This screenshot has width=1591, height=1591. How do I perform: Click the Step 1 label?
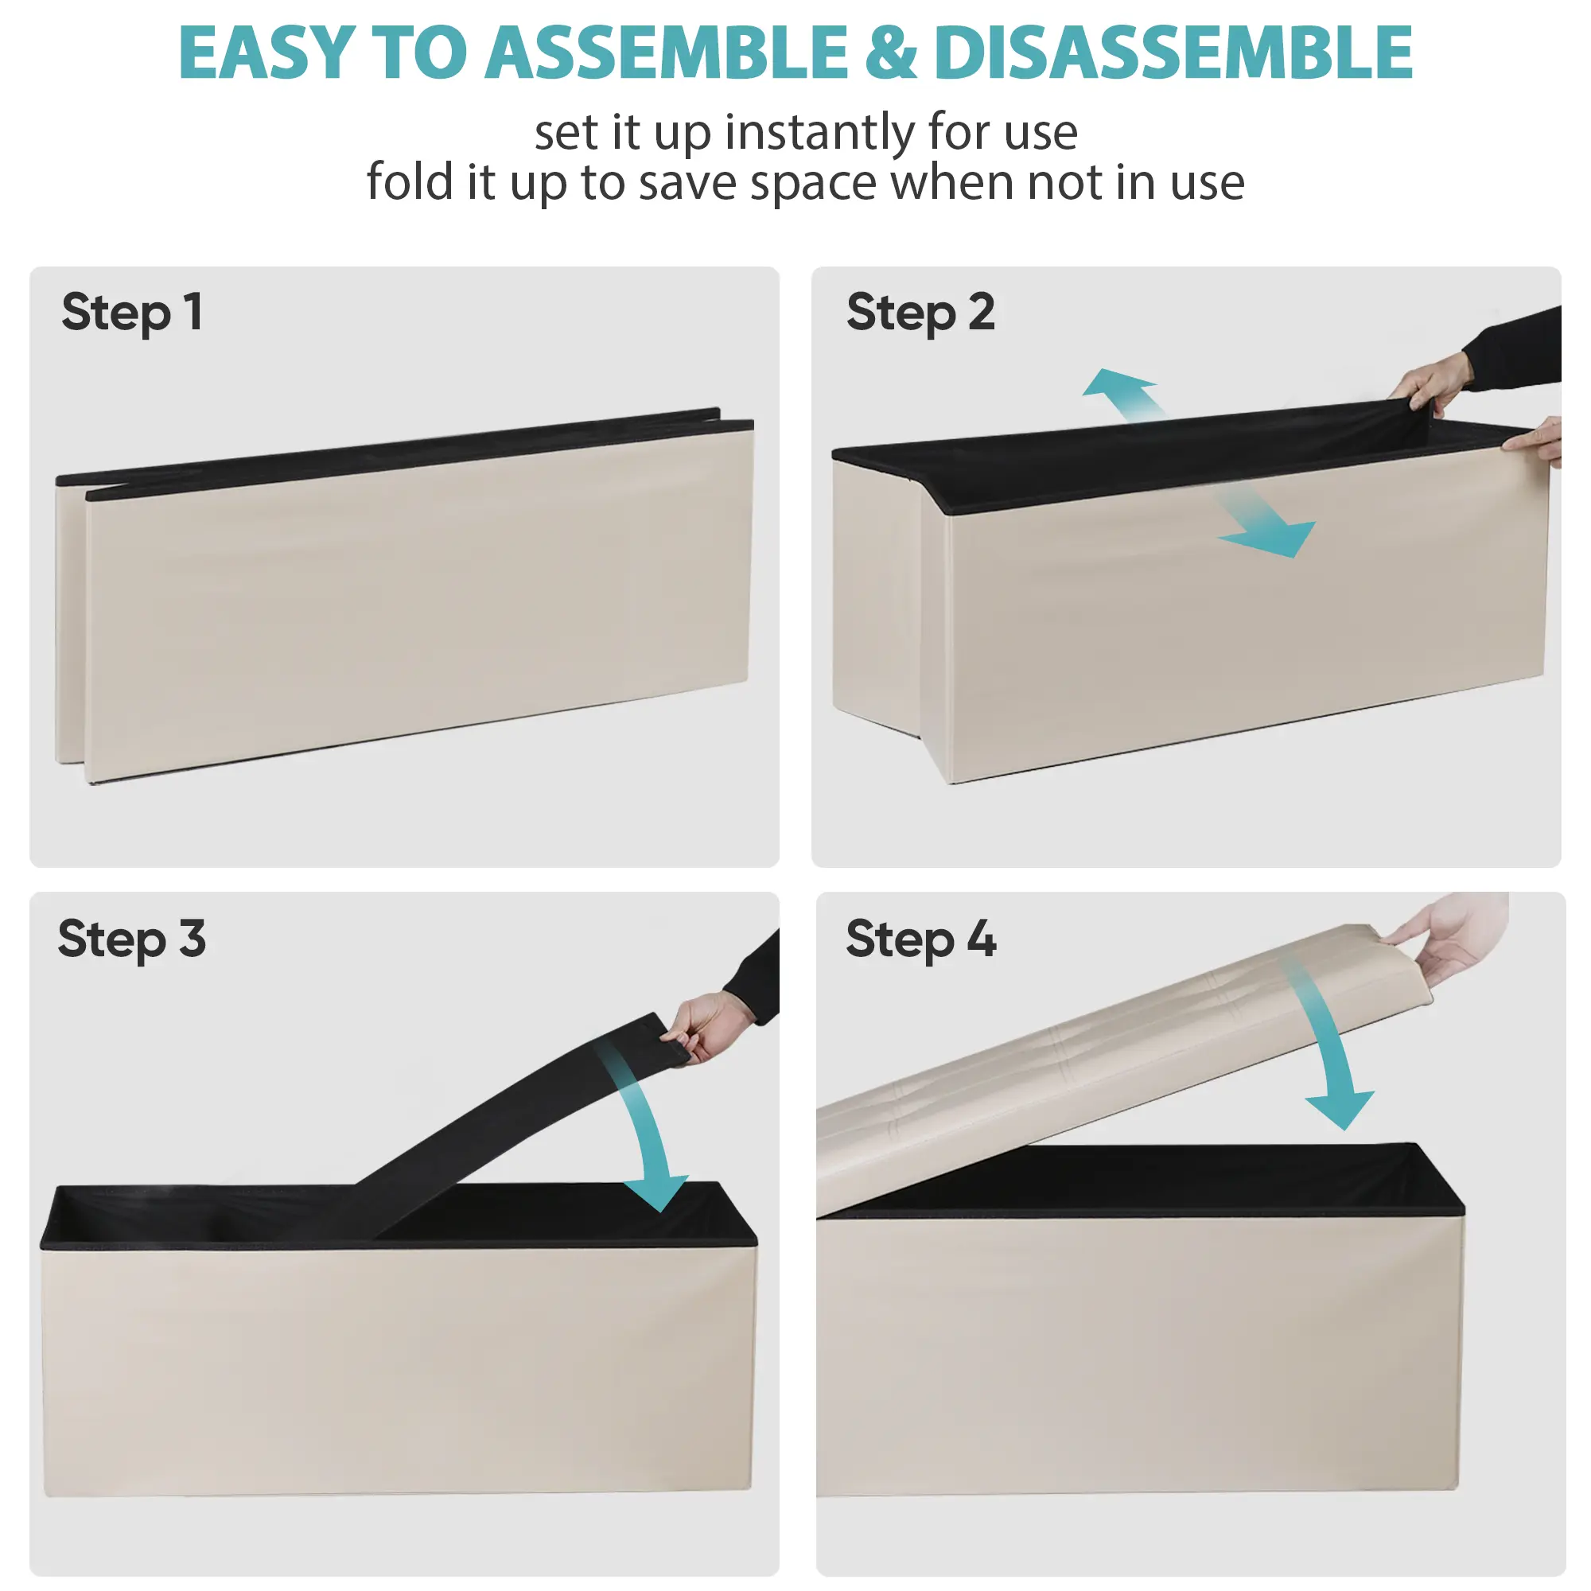click(x=132, y=313)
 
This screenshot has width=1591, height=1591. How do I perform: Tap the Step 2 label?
click(x=920, y=313)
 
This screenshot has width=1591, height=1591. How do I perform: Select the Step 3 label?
click(x=132, y=939)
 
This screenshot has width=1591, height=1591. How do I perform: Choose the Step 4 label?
click(x=920, y=939)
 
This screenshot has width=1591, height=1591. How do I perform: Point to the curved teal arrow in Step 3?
click(x=647, y=1120)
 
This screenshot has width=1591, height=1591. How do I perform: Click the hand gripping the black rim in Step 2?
click(x=1433, y=383)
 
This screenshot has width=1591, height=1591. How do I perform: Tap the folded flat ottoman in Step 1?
click(x=404, y=595)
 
